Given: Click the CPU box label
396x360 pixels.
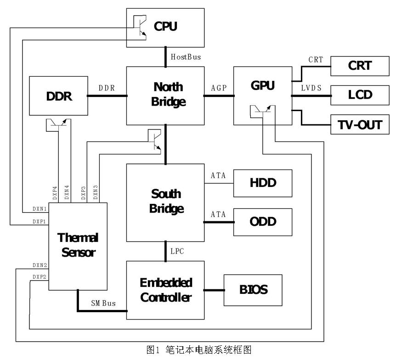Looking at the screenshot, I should click(165, 26).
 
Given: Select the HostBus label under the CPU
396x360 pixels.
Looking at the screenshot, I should click(186, 57).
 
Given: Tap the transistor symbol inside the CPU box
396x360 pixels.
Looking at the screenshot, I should click(139, 27).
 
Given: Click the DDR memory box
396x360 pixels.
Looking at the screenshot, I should click(59, 96).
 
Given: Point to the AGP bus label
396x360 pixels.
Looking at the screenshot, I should click(219, 88).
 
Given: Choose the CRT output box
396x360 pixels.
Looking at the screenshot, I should click(360, 66).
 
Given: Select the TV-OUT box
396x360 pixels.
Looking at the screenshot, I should click(360, 124).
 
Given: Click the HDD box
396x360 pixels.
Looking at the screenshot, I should click(263, 183).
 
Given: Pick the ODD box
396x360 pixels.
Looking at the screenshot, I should click(263, 221).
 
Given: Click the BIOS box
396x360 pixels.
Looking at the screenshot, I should click(253, 290).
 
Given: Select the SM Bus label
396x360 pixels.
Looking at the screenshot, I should click(103, 304).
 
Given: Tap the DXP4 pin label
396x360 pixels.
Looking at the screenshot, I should click(55, 193).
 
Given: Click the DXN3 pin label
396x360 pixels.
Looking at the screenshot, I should click(96, 193).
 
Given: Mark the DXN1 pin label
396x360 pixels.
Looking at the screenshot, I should click(40, 208).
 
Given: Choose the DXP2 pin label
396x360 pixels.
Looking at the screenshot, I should click(40, 276).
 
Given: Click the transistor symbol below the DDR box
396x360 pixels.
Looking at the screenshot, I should click(58, 124).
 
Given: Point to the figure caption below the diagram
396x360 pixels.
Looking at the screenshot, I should click(199, 350).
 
